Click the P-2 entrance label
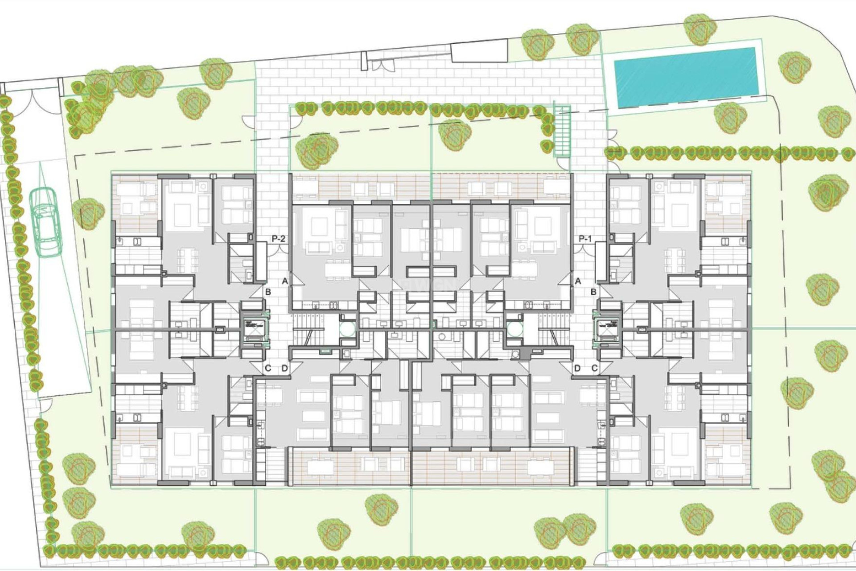point(278,239)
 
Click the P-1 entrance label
point(585,239)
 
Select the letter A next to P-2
point(285,281)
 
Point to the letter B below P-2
point(268,292)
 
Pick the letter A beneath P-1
point(578,281)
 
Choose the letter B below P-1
point(593,292)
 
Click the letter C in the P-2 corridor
point(268,368)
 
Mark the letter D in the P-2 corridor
point(285,368)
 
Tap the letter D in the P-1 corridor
point(577,368)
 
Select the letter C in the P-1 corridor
point(594,368)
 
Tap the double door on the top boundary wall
point(383,65)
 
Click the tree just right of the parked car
point(85,212)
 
